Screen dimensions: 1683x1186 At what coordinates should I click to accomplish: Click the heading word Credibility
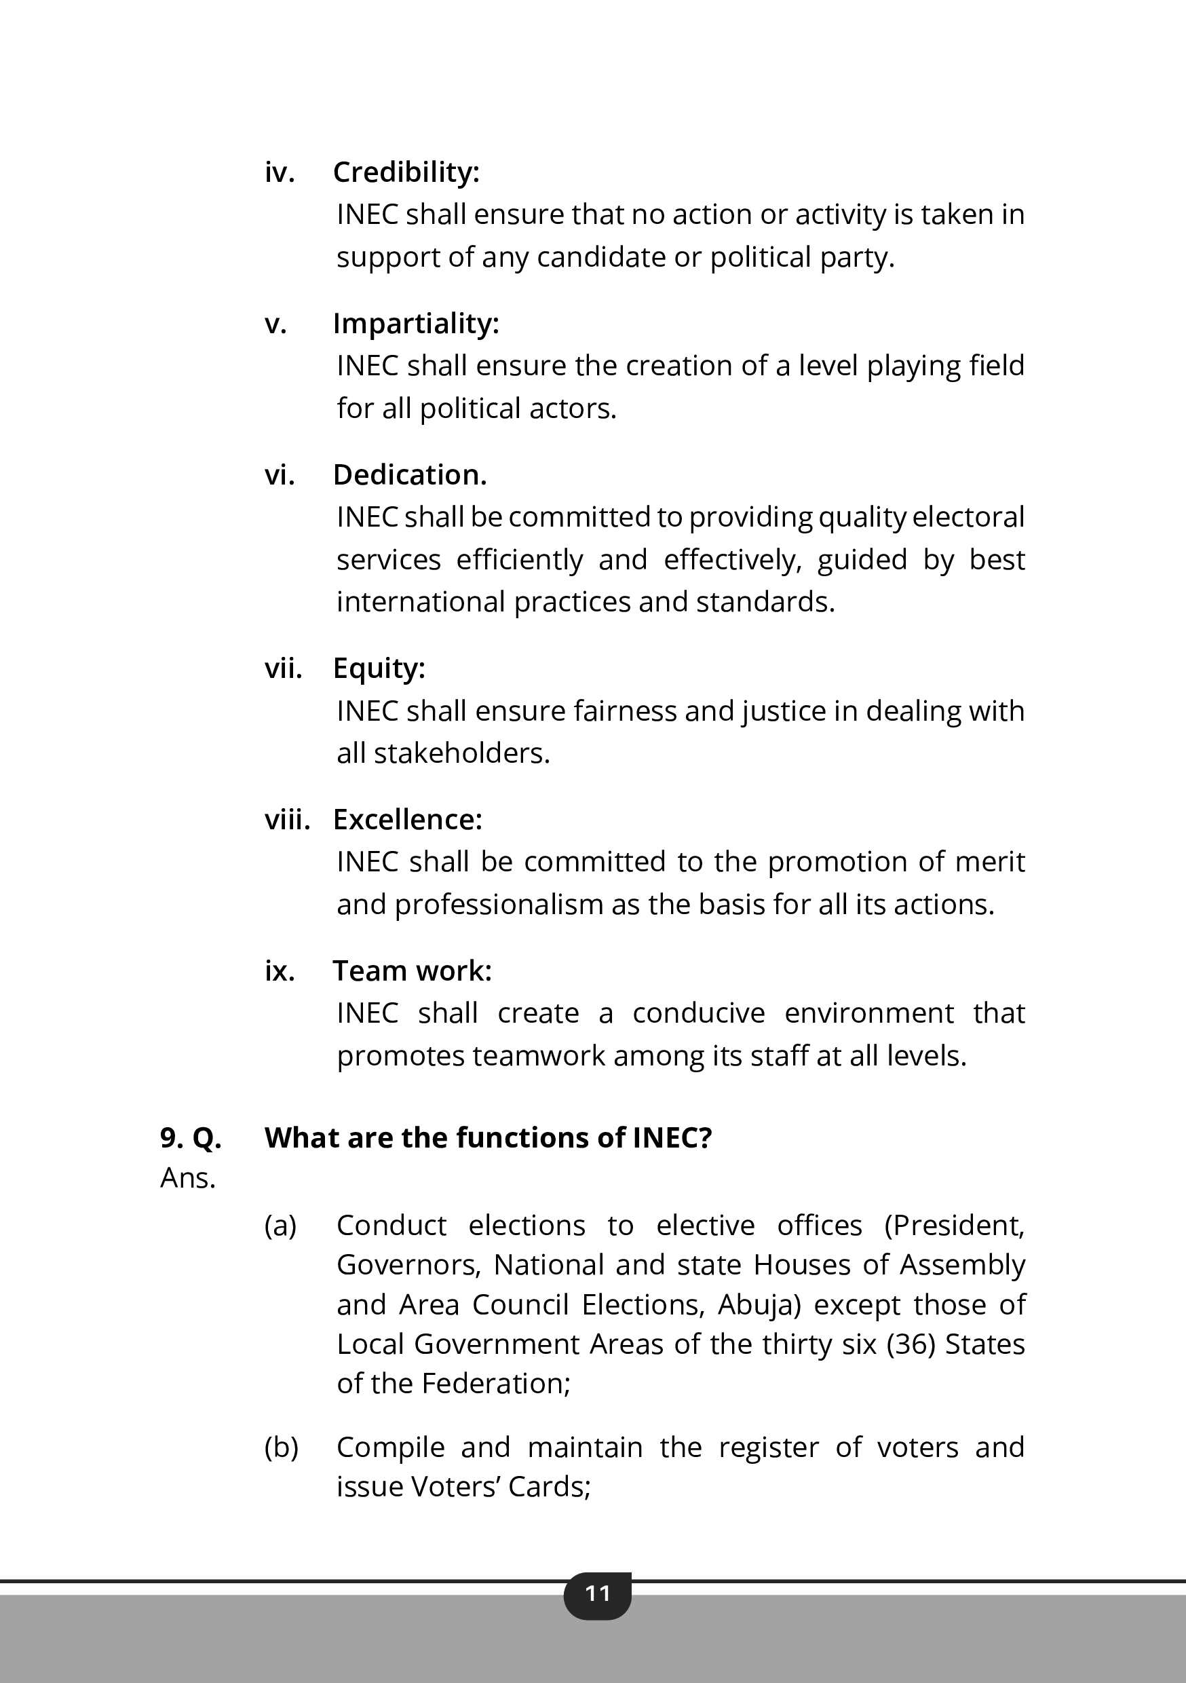[405, 172]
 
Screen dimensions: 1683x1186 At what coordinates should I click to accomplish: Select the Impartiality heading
[416, 323]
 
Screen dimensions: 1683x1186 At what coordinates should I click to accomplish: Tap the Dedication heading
[410, 475]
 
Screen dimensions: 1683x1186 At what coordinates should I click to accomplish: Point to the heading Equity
[378, 668]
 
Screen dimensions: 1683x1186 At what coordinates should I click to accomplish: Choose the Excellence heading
[408, 820]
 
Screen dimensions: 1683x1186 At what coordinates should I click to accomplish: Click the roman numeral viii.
[287, 820]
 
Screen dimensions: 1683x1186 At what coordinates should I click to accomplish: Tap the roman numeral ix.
[280, 971]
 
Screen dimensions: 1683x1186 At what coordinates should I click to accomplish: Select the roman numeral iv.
[280, 172]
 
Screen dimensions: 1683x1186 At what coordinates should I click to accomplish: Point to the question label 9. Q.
[191, 1137]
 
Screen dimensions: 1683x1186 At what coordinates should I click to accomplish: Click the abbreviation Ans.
[188, 1178]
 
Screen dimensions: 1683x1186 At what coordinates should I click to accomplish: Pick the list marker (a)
[281, 1226]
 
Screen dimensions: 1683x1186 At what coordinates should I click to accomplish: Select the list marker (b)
[281, 1447]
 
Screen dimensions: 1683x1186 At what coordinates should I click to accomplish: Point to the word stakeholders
[462, 753]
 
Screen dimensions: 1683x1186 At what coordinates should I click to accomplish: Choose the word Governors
[408, 1265]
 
